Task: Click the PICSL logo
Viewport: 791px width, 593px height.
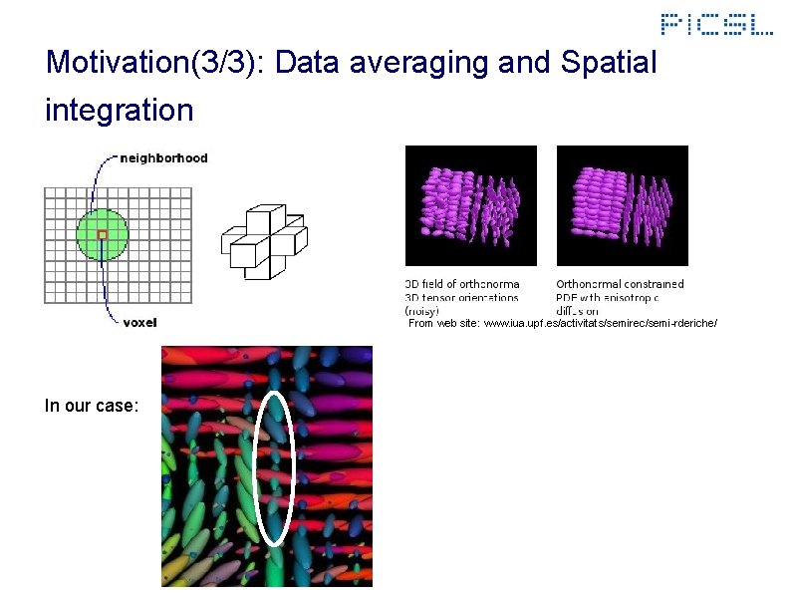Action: tap(716, 24)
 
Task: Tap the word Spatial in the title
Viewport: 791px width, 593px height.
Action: tap(609, 63)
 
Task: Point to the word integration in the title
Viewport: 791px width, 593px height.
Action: tap(119, 110)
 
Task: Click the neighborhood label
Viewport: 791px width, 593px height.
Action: tap(163, 157)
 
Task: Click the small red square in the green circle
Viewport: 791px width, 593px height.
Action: tap(102, 235)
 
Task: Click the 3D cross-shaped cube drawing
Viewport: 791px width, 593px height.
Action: tap(263, 238)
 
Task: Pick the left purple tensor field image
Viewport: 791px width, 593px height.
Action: tap(470, 204)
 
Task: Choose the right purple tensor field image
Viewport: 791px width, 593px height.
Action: tap(622, 204)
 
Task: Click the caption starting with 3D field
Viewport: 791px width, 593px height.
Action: tap(462, 297)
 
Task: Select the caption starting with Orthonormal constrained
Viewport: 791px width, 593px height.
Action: tap(620, 290)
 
